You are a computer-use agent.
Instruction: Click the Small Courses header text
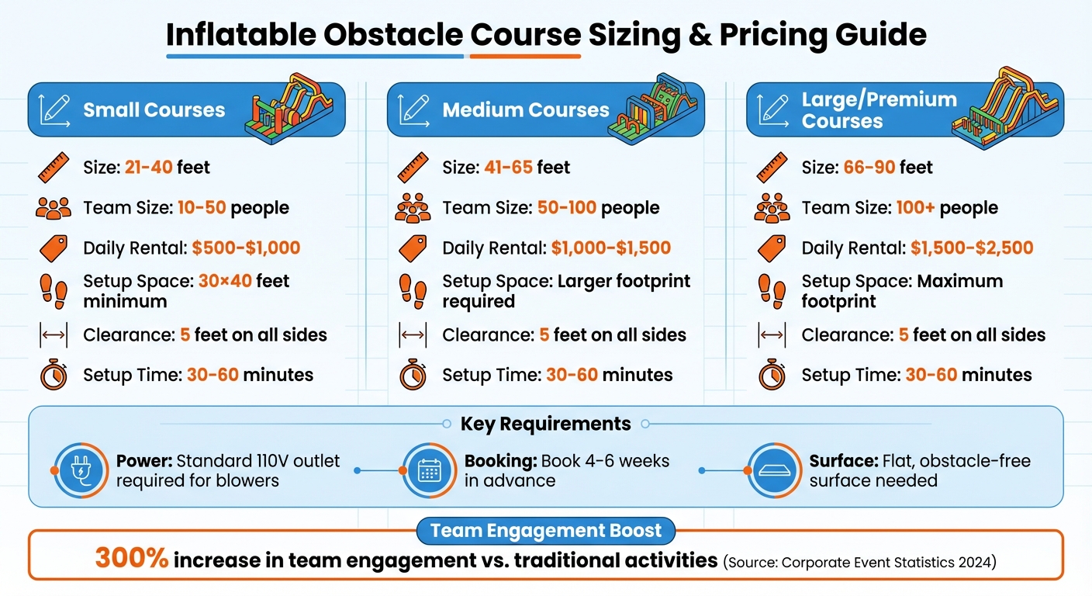click(154, 109)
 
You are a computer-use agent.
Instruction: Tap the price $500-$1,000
click(246, 248)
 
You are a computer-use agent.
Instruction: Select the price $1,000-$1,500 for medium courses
click(610, 248)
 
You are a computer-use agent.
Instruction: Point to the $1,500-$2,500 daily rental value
click(972, 248)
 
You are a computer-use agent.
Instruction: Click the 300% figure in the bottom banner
click(132, 557)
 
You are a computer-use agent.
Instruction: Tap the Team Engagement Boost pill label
click(546, 531)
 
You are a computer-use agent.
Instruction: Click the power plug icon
click(81, 470)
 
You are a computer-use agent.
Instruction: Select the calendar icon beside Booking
click(429, 470)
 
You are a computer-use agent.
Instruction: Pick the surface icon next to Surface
click(774, 470)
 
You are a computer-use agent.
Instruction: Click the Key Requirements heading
click(545, 424)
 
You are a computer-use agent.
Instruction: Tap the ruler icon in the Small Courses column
click(53, 167)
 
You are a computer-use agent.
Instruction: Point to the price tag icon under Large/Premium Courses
click(772, 248)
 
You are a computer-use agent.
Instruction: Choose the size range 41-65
click(507, 167)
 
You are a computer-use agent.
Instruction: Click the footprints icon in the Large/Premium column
click(772, 290)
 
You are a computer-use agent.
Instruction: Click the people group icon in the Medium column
click(412, 208)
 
